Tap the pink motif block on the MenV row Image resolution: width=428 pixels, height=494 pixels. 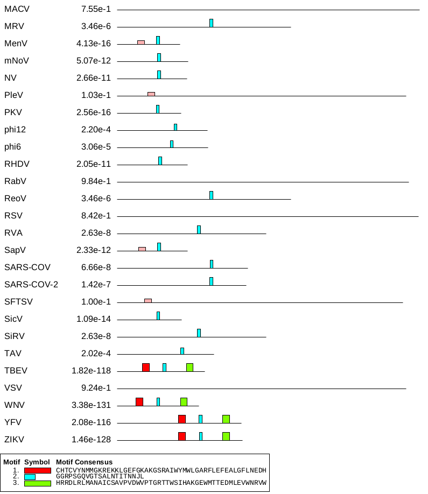(x=141, y=42)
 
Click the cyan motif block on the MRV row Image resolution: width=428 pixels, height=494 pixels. (x=211, y=23)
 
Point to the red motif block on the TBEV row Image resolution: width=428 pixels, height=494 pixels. (x=146, y=367)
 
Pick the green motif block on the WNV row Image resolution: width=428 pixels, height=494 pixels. (x=184, y=401)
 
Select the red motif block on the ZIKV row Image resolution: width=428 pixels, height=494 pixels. (x=182, y=436)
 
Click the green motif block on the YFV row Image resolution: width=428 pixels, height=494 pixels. (x=226, y=419)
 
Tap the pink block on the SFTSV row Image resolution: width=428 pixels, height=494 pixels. (x=148, y=300)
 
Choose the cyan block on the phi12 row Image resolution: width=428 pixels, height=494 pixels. (x=176, y=127)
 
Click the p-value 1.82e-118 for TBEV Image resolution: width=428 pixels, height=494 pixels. (x=91, y=371)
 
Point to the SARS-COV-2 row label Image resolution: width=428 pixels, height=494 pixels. (x=31, y=285)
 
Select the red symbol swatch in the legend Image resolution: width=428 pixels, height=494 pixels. (x=38, y=470)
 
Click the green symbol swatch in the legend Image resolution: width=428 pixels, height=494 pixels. (x=38, y=483)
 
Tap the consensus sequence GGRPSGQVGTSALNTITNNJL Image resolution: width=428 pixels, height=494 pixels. (x=100, y=477)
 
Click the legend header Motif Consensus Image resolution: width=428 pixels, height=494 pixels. (x=85, y=462)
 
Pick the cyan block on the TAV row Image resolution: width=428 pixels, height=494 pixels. (x=182, y=351)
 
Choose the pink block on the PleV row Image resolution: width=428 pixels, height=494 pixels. (x=151, y=94)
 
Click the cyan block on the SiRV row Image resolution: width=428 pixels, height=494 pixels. (x=199, y=333)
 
